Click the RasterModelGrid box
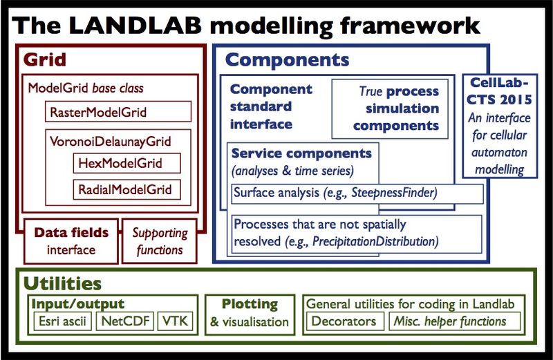point(118,112)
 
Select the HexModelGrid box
point(127,163)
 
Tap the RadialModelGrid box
point(127,190)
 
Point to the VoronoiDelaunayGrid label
point(111,142)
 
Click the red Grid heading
point(45,59)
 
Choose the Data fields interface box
point(71,241)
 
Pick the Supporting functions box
point(160,241)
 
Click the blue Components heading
point(287,60)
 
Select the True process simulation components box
point(390,108)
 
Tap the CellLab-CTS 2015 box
point(500,126)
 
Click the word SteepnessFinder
point(394,193)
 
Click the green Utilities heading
point(62,283)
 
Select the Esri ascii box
point(62,321)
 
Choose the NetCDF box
point(125,321)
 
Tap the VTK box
point(176,321)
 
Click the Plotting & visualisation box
point(250,314)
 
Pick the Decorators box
point(344,321)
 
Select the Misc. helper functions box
point(455,321)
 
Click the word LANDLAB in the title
point(135,26)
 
